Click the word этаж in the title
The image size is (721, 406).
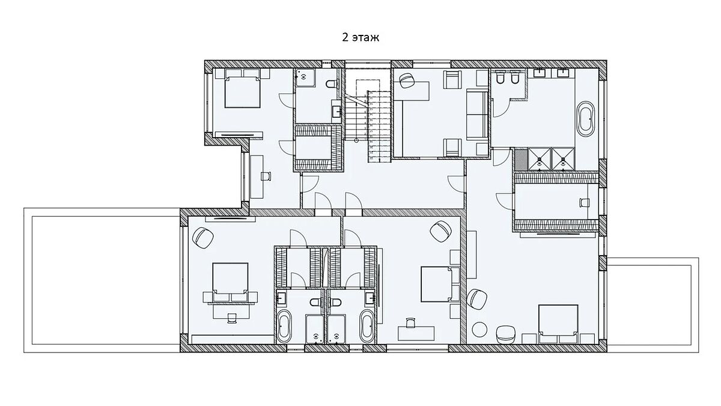365,38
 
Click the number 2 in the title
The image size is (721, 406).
345,37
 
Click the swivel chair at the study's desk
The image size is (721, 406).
407,80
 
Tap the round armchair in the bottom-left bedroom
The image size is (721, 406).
203,238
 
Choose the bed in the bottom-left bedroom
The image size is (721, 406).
231,283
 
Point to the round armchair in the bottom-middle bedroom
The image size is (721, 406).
440,232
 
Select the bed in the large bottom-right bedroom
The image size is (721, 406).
558,324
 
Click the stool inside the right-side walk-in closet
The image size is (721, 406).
585,202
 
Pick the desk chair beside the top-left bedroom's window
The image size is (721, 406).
266,176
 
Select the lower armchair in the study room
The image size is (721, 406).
452,148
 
